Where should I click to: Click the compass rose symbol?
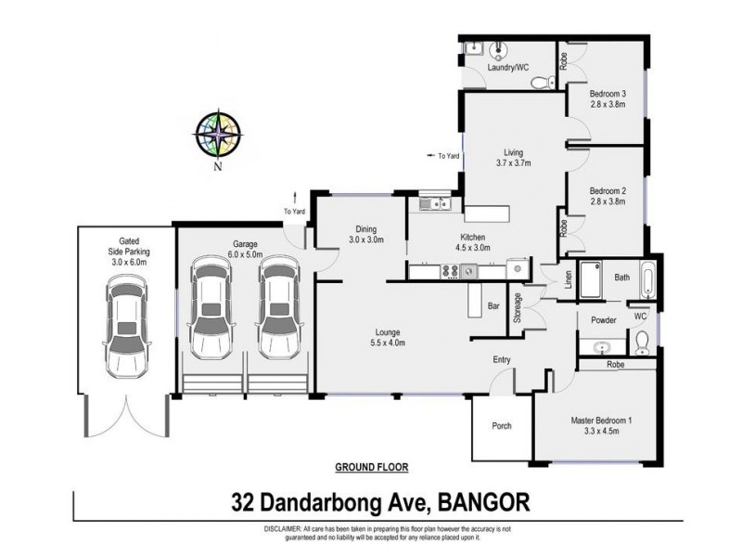pyautogui.click(x=218, y=134)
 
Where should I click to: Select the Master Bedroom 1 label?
pyautogui.click(x=601, y=425)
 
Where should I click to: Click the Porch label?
pyautogui.click(x=501, y=426)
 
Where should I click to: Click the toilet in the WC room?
pyautogui.click(x=643, y=344)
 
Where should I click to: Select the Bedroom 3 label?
pyautogui.click(x=608, y=98)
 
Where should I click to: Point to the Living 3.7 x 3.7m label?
pyautogui.click(x=513, y=158)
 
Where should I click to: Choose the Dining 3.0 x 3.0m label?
pyautogui.click(x=365, y=234)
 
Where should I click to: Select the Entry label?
pyautogui.click(x=502, y=359)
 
